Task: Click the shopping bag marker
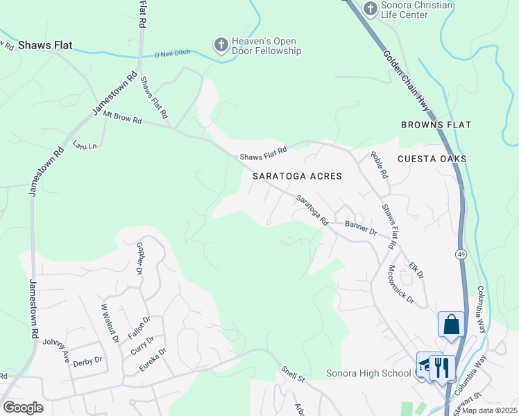coord(451,324)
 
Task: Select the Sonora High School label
coord(368,374)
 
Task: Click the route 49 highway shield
coord(461,255)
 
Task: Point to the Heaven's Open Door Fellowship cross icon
coord(221,45)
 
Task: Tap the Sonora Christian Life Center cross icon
coord(370,8)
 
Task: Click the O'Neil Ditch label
coord(172,54)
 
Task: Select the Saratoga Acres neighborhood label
coord(297,176)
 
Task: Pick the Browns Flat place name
coord(436,125)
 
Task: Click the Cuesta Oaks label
coord(432,159)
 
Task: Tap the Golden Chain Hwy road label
coord(405,80)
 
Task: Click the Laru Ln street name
coord(85,145)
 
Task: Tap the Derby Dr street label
coord(87,361)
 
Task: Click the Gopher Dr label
coord(142,257)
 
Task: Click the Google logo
coord(23,408)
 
